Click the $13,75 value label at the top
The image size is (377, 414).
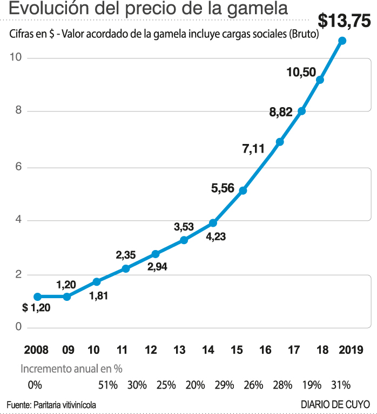(x=344, y=21)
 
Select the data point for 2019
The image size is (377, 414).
(x=342, y=41)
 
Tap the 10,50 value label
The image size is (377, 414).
(x=301, y=72)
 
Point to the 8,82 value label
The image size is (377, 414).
(x=281, y=113)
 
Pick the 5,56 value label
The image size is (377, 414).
(x=223, y=188)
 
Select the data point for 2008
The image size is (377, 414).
(x=37, y=297)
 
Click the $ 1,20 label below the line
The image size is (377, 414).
(x=36, y=308)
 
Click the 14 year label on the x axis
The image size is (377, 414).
(x=207, y=350)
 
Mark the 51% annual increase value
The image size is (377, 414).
(x=108, y=385)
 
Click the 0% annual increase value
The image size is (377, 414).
(x=34, y=385)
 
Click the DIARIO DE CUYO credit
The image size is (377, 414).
(x=335, y=404)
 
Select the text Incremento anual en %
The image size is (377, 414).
(x=71, y=369)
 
